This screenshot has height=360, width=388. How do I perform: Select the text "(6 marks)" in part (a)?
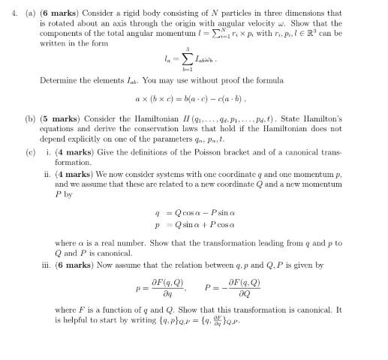click(x=59, y=13)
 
